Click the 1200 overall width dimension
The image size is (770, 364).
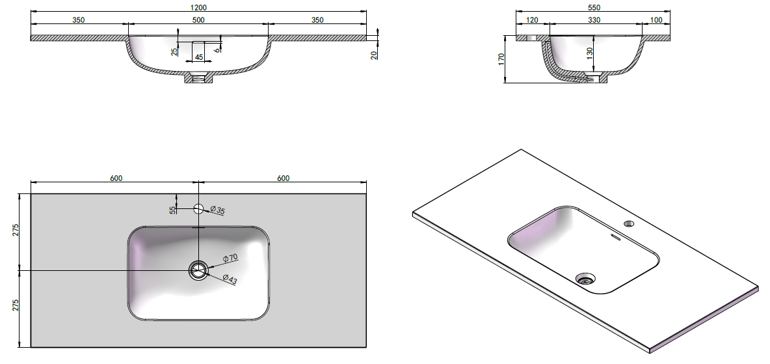point(198,7)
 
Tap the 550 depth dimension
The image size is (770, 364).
point(594,7)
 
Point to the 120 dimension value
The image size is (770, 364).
point(533,20)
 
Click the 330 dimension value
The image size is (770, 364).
point(594,20)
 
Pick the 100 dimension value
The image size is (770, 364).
point(656,20)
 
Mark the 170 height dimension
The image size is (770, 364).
point(501,59)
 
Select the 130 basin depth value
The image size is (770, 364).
point(590,51)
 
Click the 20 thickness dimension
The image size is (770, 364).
point(375,55)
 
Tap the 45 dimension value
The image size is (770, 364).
point(199,57)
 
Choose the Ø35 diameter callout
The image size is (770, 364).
point(218,210)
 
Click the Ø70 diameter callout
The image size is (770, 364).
point(230,258)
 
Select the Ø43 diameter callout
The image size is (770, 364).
point(230,279)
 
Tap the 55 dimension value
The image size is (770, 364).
point(172,210)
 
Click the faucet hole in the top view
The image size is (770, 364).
point(198,208)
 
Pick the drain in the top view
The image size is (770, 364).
point(198,270)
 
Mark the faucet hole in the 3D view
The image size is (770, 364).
point(629,224)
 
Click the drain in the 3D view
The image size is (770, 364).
point(585,279)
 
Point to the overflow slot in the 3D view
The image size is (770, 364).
point(615,238)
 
